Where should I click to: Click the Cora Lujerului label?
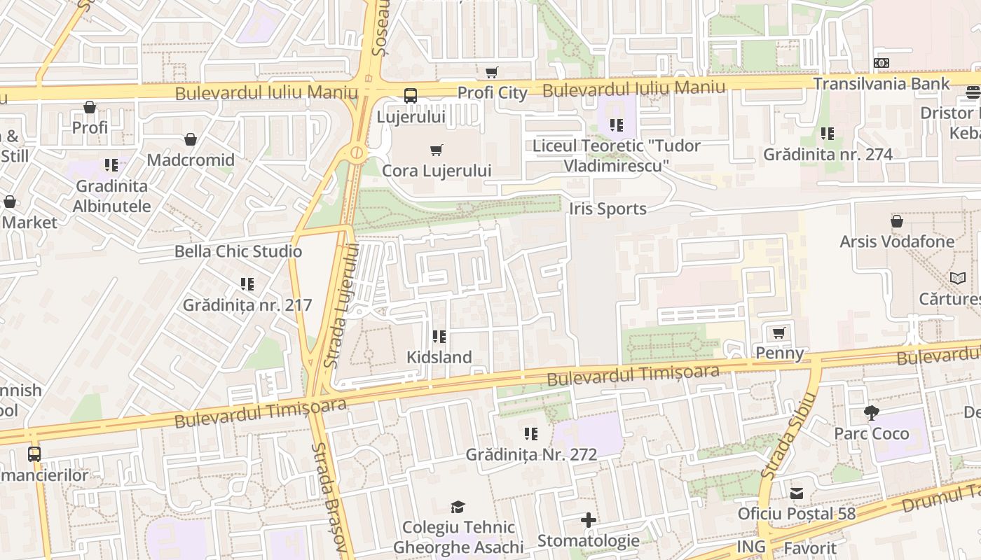pos(437,171)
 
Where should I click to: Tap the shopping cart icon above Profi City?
pos(492,73)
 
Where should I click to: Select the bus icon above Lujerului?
pos(411,96)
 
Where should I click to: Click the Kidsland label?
pos(439,357)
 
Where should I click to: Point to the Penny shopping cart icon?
pos(778,332)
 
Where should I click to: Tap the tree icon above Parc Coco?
pos(871,413)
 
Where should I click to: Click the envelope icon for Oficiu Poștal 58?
pos(797,493)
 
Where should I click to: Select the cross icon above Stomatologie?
pos(589,520)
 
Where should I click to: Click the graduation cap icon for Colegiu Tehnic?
pos(458,507)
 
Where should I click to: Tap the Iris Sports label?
pos(608,209)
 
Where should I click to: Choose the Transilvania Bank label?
pos(881,83)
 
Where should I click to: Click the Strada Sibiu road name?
pos(789,435)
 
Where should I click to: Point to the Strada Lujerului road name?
pos(343,305)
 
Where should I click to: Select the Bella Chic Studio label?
pos(238,251)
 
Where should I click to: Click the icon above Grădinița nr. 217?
pos(247,284)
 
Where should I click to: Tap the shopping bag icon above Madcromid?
pos(191,139)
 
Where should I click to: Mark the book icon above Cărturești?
pos(958,278)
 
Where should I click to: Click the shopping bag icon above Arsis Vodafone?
pos(897,221)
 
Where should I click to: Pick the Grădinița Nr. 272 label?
pos(531,454)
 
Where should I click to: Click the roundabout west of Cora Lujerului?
pos(357,152)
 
